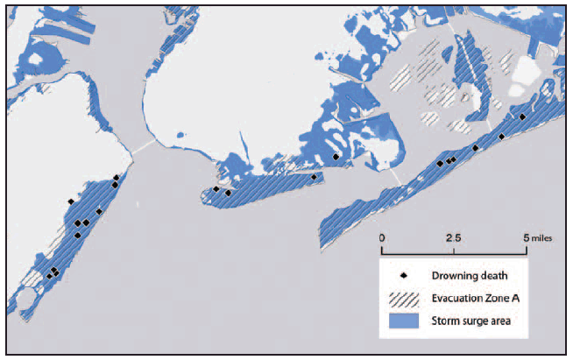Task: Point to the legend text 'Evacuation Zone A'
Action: (477, 299)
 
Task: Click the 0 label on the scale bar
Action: (382, 237)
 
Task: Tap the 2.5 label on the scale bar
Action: (453, 237)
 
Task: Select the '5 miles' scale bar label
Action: (537, 237)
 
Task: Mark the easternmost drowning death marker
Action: (522, 116)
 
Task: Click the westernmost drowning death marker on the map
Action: (50, 276)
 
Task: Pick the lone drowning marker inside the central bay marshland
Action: (336, 157)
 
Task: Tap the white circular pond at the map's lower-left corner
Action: (26, 303)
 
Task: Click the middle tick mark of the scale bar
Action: (454, 251)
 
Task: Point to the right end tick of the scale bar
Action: (527, 251)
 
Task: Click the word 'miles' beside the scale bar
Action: (542, 237)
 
